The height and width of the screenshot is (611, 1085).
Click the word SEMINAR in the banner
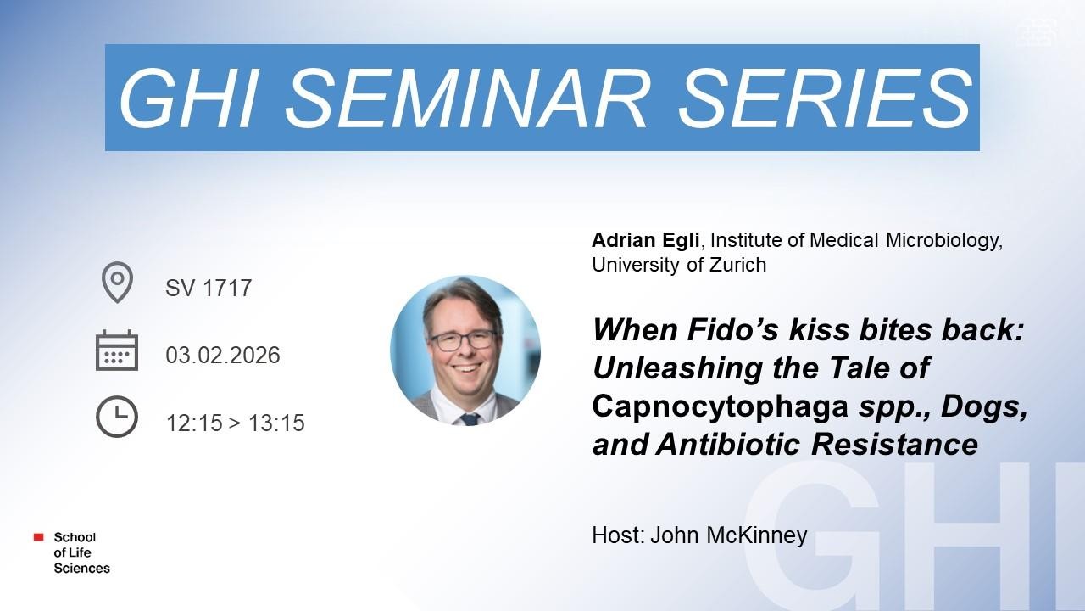(466, 98)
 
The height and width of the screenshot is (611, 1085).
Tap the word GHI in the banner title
(187, 98)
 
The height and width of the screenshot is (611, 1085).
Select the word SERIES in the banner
(826, 98)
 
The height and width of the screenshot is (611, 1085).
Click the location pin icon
(117, 283)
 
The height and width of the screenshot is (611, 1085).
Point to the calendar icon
(117, 350)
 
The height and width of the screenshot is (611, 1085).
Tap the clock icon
(117, 417)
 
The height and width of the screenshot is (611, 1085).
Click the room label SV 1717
(209, 288)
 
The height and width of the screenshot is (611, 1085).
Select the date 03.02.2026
(223, 356)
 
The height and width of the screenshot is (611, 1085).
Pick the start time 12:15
(194, 423)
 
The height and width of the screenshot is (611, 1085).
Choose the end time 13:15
(276, 423)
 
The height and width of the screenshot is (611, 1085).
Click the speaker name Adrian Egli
(645, 240)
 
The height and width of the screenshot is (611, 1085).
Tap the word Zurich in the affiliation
(737, 265)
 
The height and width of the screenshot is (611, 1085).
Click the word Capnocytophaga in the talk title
(720, 407)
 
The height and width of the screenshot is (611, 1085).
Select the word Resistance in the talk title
(894, 444)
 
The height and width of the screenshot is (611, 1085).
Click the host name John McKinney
(728, 535)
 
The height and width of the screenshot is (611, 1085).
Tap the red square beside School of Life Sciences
(39, 537)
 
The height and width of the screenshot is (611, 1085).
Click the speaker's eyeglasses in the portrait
(464, 340)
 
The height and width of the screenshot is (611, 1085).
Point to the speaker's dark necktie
(469, 419)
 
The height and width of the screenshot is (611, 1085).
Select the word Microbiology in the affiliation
(944, 241)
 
